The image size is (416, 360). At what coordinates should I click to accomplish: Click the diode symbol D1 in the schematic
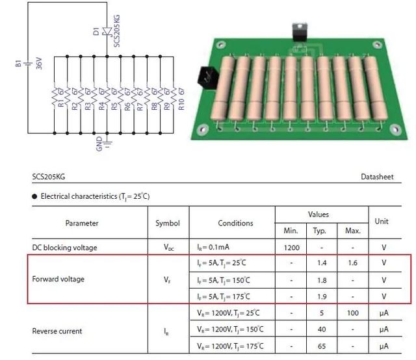click(107, 31)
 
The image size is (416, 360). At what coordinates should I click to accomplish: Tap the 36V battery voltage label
click(39, 63)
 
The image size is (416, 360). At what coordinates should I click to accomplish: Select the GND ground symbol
click(107, 143)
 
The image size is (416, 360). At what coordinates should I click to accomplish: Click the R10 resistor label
click(181, 104)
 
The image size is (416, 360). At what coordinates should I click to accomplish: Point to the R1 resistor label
click(61, 103)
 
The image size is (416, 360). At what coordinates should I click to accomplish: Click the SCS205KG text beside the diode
click(117, 31)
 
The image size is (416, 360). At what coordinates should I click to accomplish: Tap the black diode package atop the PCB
click(300, 32)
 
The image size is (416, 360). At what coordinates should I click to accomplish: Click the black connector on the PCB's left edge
click(208, 77)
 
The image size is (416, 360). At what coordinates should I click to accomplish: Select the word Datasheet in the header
click(377, 177)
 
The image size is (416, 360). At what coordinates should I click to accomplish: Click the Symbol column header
click(168, 223)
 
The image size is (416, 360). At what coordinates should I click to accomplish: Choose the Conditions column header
click(235, 223)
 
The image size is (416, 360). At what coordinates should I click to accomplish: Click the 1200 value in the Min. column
click(292, 248)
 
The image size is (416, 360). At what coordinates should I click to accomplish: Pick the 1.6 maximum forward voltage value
click(352, 263)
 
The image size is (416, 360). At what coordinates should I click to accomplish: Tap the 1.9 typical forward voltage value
click(322, 296)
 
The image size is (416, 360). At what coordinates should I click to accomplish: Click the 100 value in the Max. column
click(353, 313)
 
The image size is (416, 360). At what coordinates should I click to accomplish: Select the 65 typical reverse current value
click(322, 346)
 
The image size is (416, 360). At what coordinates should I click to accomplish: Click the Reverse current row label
click(57, 331)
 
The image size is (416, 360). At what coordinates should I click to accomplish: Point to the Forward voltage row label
click(58, 279)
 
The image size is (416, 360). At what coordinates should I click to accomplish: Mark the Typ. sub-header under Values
click(319, 231)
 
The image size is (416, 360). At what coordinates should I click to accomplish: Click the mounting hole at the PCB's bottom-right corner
click(395, 129)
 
